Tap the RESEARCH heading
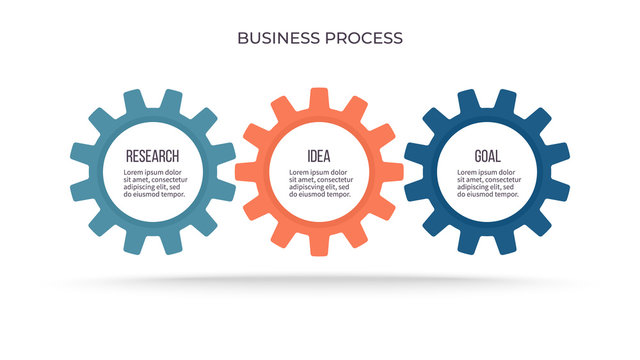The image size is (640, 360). click(x=152, y=156)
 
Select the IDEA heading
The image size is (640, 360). click(x=319, y=156)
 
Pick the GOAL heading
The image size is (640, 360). click(x=487, y=156)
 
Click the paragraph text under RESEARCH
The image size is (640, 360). click(x=153, y=183)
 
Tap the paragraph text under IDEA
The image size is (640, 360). click(x=319, y=183)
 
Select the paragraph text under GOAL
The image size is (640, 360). click(x=487, y=183)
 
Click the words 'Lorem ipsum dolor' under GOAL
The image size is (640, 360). click(x=487, y=171)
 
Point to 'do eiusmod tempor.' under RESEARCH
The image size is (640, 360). click(x=153, y=195)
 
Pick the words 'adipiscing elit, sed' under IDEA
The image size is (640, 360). click(x=319, y=187)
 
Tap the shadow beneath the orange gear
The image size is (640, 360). click(x=319, y=281)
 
